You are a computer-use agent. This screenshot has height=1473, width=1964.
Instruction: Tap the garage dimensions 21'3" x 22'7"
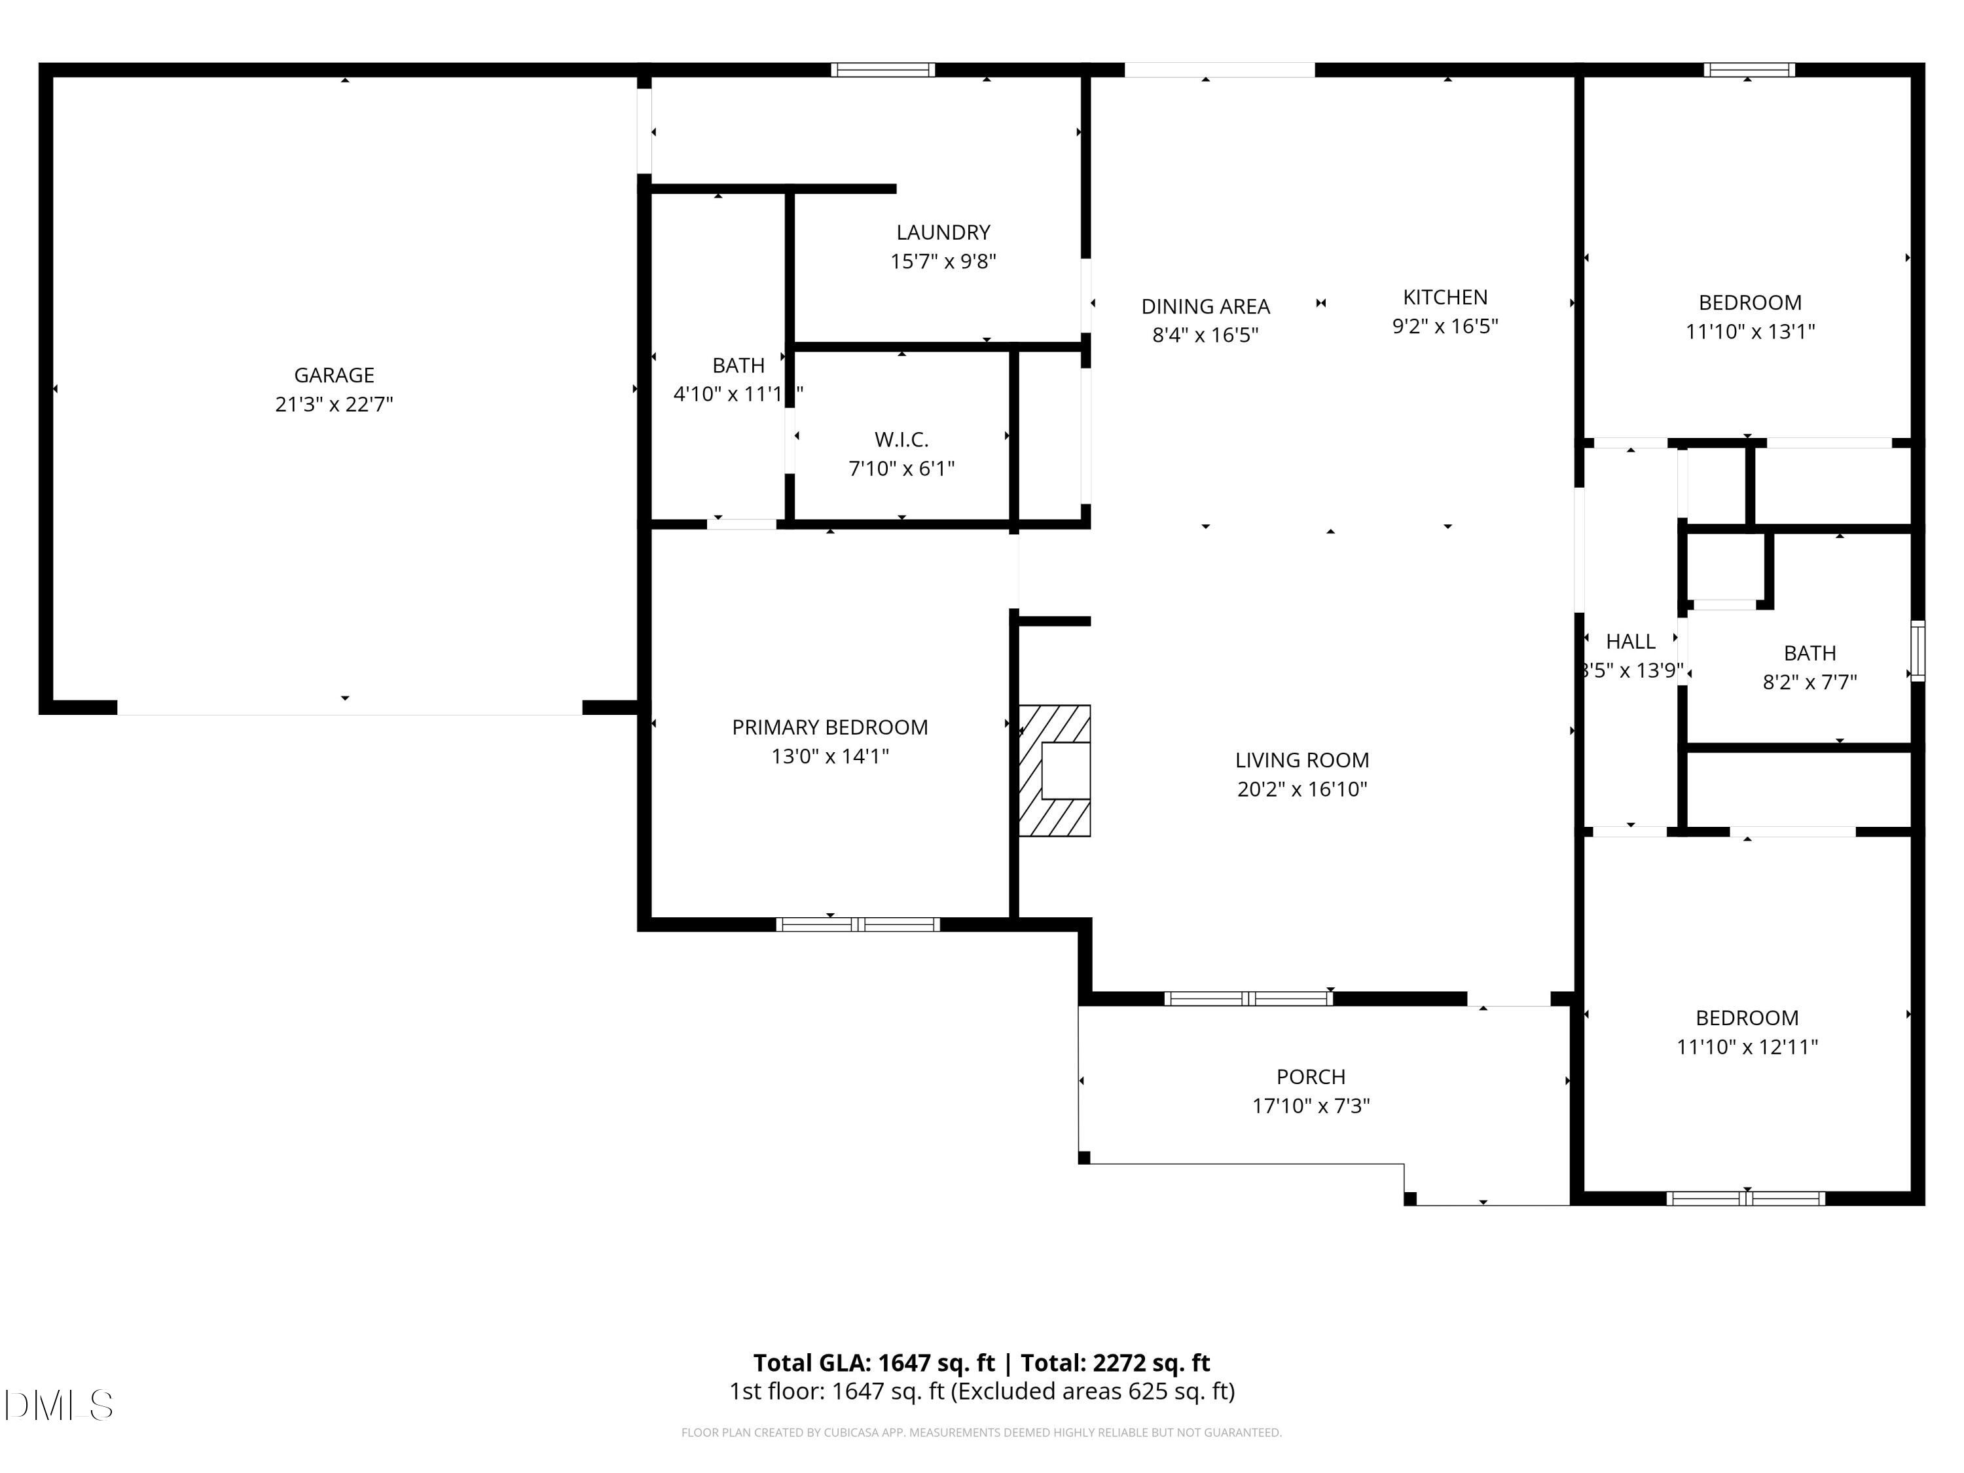point(334,405)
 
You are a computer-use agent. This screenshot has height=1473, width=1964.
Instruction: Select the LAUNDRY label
point(943,232)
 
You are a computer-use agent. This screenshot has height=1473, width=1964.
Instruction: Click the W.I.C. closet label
point(901,439)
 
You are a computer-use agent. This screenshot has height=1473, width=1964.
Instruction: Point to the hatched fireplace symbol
point(1054,771)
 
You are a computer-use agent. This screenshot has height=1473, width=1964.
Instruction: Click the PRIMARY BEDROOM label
point(829,727)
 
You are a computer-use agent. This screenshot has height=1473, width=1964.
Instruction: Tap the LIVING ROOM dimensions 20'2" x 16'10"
point(1301,790)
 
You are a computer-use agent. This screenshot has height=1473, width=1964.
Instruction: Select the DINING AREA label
point(1205,306)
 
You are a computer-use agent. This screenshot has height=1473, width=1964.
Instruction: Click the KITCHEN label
point(1445,297)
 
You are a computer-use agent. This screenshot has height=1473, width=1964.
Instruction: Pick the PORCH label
point(1311,1077)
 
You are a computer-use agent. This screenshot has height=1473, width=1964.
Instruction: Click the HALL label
point(1630,641)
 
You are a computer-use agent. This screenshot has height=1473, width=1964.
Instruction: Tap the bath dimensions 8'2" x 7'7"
point(1809,683)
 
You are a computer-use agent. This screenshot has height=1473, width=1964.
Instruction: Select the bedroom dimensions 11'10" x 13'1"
point(1749,332)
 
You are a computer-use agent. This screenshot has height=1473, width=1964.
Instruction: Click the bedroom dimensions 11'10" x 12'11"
point(1747,1047)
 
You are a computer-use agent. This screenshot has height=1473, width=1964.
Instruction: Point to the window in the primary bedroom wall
point(858,924)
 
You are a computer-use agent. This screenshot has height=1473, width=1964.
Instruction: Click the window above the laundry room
point(882,70)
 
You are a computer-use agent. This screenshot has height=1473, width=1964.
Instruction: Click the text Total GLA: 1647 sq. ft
point(874,1363)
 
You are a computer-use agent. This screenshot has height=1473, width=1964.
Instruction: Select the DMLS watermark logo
point(59,1406)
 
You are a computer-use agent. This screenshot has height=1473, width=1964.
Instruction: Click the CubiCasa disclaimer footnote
point(981,1432)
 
